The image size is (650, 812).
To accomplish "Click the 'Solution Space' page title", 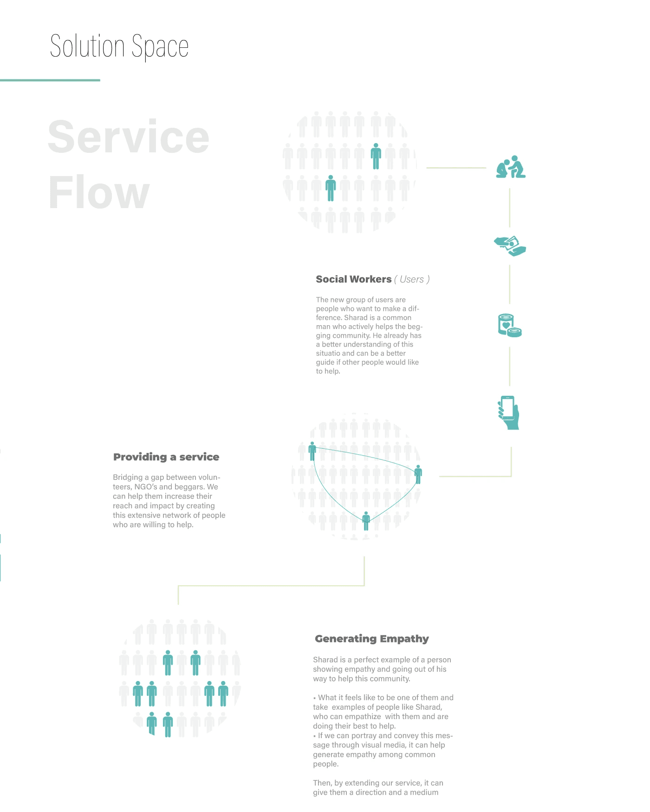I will (119, 46).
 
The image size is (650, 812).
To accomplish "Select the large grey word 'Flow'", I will (99, 193).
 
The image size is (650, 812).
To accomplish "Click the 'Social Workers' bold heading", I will (353, 279).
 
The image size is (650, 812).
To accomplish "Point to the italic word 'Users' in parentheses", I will (412, 279).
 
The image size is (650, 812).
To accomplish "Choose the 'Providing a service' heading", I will (166, 457).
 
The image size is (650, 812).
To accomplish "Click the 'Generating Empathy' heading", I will (371, 639).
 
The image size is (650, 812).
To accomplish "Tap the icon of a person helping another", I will (511, 167).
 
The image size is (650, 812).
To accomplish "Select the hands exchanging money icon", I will (510, 246).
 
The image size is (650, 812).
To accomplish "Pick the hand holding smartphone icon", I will (509, 413).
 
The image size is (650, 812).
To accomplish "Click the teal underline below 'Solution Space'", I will (50, 80).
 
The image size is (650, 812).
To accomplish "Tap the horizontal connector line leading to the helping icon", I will (456, 168).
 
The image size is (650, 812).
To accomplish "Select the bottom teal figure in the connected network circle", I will (366, 521).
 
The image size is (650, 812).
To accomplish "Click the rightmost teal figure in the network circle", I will (418, 474).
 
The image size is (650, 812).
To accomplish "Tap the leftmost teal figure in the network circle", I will (312, 451).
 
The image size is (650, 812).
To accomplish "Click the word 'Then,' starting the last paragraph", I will (322, 783).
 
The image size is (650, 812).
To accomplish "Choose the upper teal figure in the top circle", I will (376, 156).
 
